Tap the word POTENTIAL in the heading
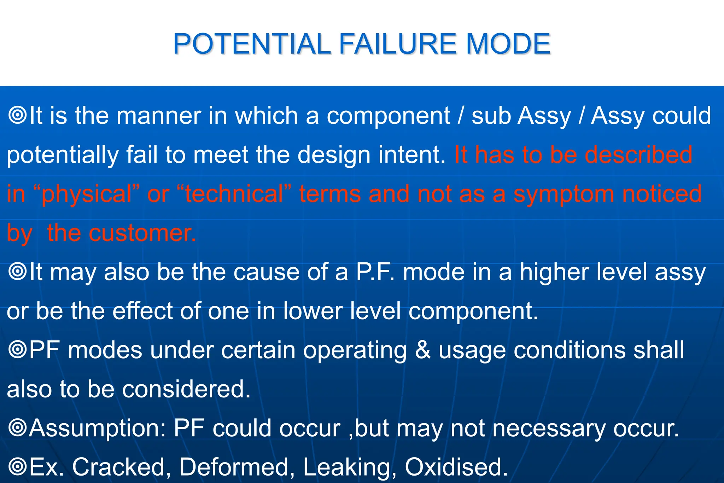coord(252,44)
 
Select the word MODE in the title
coord(508,44)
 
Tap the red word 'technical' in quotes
coord(234,194)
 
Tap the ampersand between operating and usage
coord(422,350)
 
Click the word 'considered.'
coord(186,389)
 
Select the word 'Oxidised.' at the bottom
coord(456,467)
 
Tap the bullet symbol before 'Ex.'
coord(17,466)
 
